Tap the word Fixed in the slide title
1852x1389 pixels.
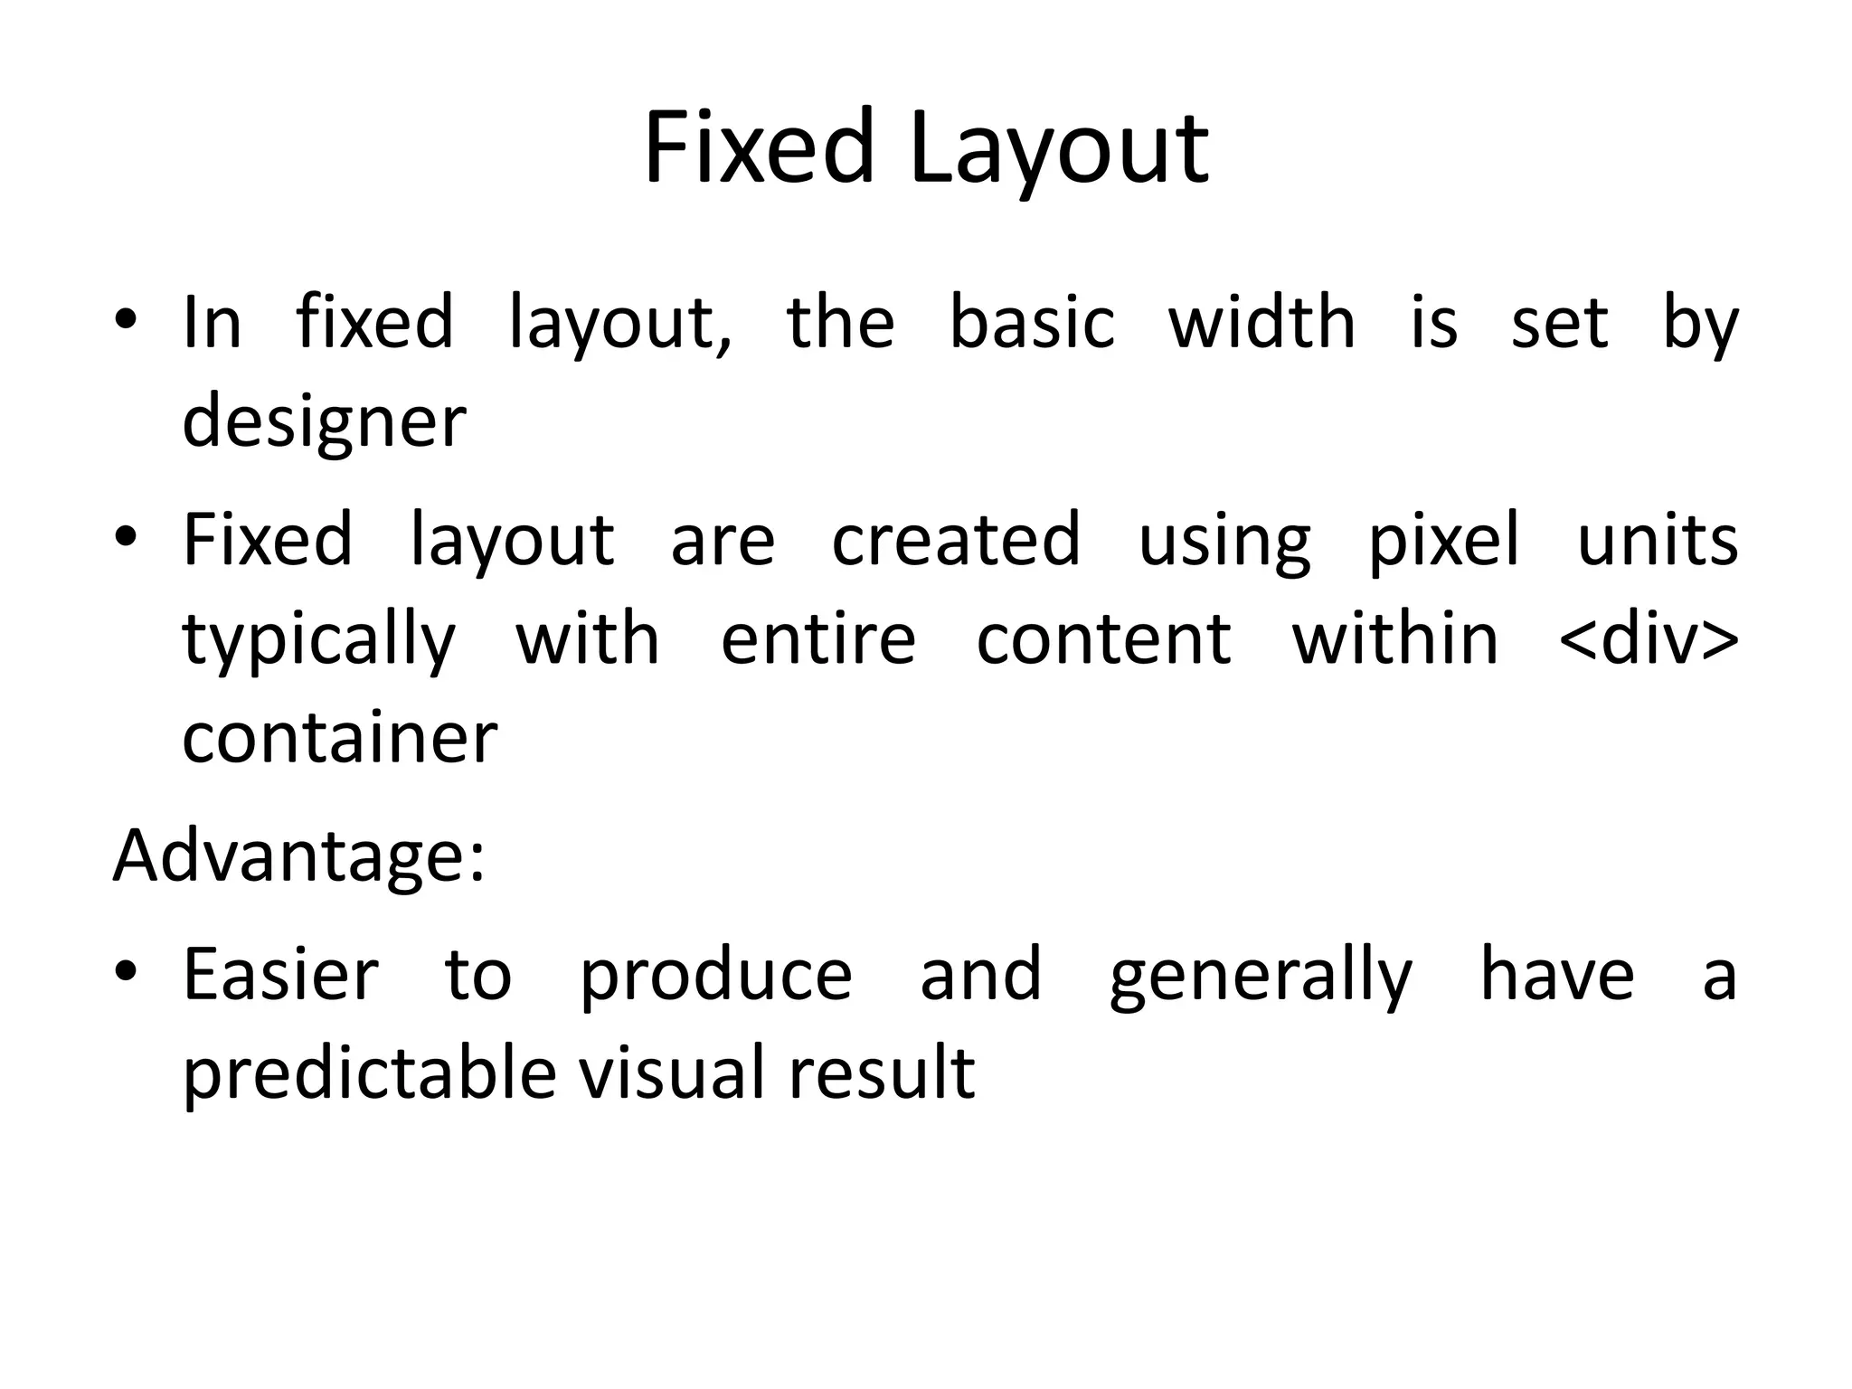click(758, 146)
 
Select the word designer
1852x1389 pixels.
click(324, 421)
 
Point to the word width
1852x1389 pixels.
click(1261, 323)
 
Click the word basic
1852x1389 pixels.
click(1032, 323)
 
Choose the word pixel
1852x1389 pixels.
click(1443, 541)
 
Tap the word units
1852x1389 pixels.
click(1657, 541)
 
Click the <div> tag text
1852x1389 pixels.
click(1649, 639)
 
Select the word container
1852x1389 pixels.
click(339, 738)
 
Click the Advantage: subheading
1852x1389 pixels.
click(299, 855)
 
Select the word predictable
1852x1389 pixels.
click(369, 1074)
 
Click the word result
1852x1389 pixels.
click(881, 1073)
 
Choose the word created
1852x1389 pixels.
click(955, 541)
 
